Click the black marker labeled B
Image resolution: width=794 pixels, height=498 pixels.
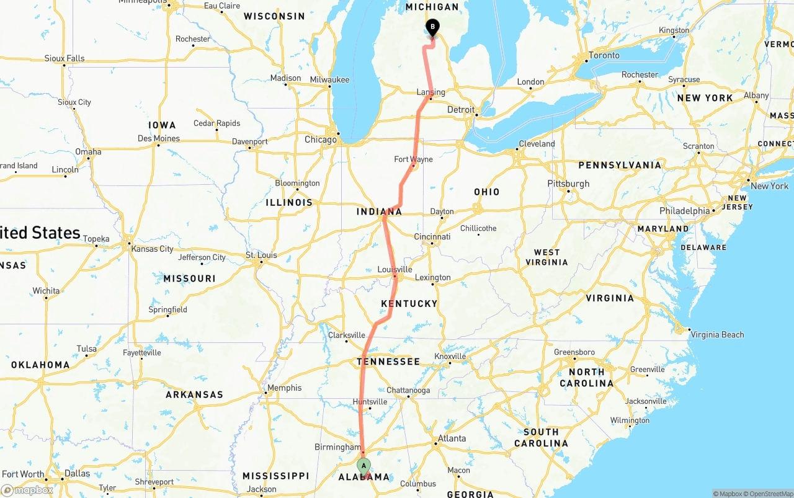tap(432, 27)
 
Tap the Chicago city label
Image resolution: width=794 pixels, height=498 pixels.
tap(320, 140)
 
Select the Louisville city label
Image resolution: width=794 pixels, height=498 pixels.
tap(395, 269)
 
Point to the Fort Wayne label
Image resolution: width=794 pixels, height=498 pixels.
tap(413, 159)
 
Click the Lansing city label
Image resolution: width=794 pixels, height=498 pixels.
tap(430, 92)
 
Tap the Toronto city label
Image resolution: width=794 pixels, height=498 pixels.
tap(604, 55)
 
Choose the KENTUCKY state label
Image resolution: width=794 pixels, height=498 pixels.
tap(409, 303)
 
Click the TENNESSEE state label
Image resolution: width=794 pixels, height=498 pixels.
tap(388, 361)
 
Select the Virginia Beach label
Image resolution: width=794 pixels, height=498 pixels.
tap(717, 334)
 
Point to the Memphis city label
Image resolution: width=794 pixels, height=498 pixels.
tap(284, 388)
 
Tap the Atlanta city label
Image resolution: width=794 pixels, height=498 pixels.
tap(452, 438)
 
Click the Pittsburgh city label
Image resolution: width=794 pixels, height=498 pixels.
tap(568, 184)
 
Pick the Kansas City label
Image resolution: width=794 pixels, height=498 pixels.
tap(153, 249)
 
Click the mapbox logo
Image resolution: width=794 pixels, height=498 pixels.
tap(27, 490)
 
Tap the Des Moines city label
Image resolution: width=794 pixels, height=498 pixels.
tap(159, 138)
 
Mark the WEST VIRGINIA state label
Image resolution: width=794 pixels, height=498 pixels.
tap(546, 257)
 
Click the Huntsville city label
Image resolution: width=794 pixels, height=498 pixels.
tap(370, 401)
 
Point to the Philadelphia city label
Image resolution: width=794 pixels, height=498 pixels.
tap(684, 211)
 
